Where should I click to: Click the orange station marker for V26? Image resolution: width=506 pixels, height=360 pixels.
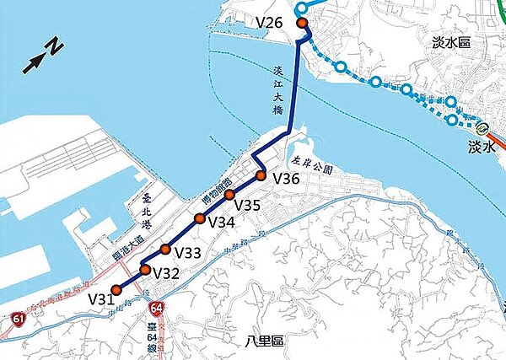click(x=302, y=23)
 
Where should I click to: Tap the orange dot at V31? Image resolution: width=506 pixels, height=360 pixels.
click(x=116, y=289)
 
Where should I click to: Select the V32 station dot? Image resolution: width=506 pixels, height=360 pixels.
click(x=145, y=270)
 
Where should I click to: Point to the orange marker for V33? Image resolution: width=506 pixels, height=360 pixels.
click(x=165, y=249)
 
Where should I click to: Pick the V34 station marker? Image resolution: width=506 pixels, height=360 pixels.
click(x=200, y=219)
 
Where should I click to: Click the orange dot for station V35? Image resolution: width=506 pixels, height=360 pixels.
click(x=229, y=196)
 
